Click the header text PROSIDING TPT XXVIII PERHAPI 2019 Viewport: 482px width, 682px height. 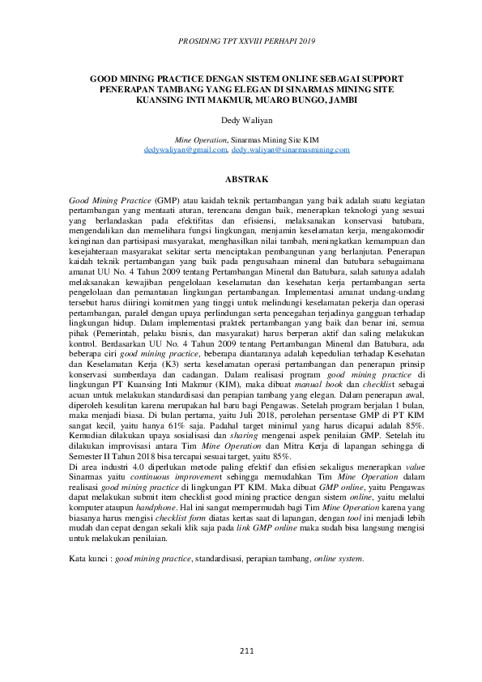tap(241, 39)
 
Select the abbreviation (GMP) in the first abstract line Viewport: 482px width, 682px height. tap(166, 198)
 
